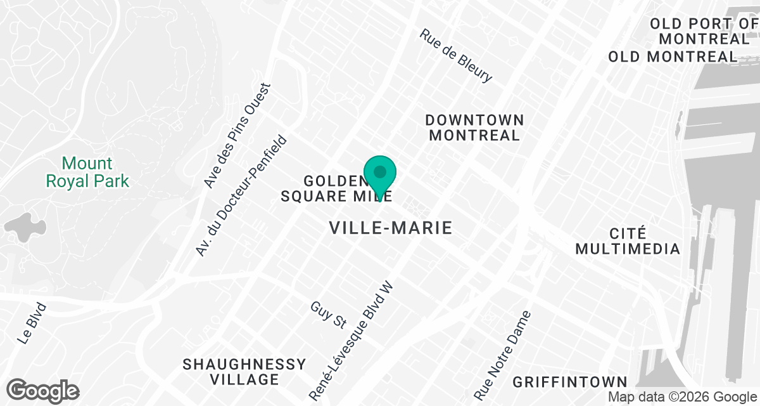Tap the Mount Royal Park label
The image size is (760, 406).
pos(87,173)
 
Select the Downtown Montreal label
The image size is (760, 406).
pos(474,128)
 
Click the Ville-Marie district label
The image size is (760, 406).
pos(391,228)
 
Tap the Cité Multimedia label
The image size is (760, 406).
pos(627,240)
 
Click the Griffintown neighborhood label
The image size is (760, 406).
pos(570,383)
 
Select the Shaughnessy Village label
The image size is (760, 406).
pos(244,372)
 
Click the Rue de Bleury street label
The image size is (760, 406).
pos(455,56)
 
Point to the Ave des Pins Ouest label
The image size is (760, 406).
pos(237,136)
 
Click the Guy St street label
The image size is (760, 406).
pos(327,315)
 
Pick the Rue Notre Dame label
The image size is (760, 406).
pos(506,351)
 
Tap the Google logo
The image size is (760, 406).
pos(43,390)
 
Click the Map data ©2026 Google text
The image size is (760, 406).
pos(682,397)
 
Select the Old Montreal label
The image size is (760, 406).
pos(673,56)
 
